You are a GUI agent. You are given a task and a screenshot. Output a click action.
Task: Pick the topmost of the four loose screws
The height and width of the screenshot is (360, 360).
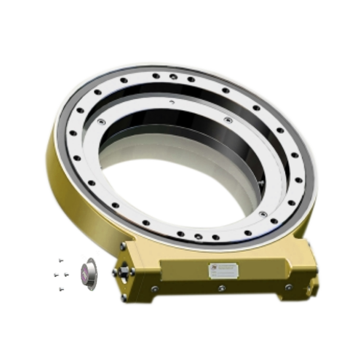click(x=62, y=260)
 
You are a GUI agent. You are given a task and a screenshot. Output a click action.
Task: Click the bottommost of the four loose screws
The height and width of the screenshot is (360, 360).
click(x=61, y=288)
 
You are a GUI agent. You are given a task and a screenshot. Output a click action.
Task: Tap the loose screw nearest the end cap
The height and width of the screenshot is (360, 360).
click(x=66, y=274)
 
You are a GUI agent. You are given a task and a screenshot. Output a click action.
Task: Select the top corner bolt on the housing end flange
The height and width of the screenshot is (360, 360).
click(x=123, y=246)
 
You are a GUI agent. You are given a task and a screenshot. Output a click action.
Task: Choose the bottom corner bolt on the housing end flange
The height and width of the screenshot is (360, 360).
click(x=124, y=297)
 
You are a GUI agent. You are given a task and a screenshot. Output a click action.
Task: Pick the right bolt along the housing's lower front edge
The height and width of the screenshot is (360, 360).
click(x=288, y=287)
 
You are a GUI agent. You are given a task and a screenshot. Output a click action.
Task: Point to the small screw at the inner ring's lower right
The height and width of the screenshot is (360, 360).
click(x=264, y=213)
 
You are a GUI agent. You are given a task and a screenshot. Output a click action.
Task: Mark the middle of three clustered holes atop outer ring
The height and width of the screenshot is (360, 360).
click(x=173, y=77)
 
